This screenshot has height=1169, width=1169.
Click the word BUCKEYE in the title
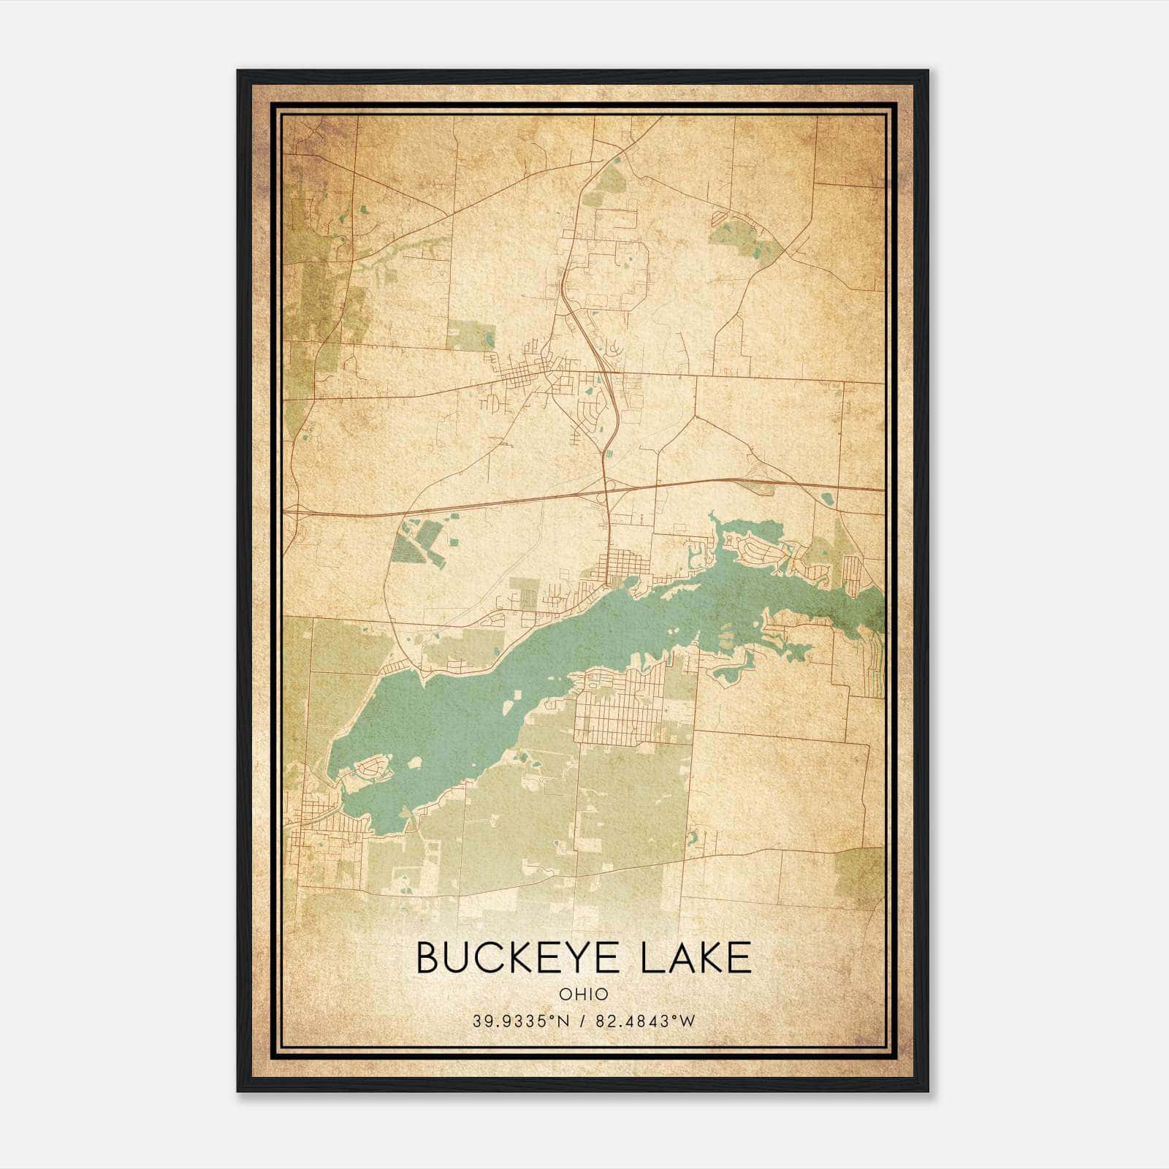click(519, 958)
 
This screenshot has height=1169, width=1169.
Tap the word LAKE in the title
click(695, 958)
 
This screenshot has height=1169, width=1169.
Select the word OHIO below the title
click(584, 994)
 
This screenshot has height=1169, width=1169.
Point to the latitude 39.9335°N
click(519, 1021)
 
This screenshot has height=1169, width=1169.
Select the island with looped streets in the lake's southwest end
click(372, 768)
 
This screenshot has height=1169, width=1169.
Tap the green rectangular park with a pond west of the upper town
click(471, 335)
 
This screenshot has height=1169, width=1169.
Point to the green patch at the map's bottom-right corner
click(858, 869)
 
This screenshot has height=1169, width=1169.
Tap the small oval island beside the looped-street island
click(414, 762)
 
